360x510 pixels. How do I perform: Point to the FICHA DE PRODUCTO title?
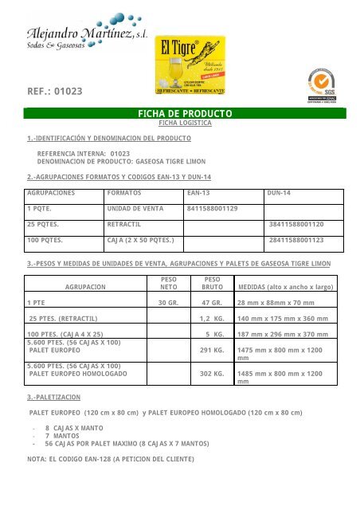click(185, 114)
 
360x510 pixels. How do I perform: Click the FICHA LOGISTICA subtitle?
click(185, 124)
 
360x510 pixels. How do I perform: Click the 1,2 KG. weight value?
click(209, 319)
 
